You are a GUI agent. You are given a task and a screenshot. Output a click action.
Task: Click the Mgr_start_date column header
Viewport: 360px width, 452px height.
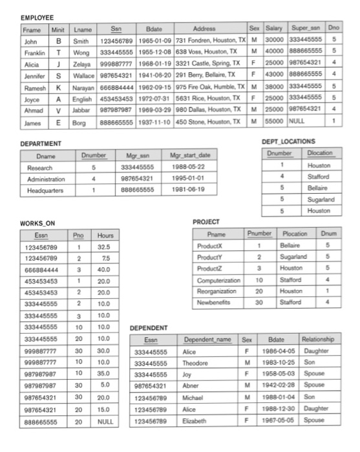[189, 156]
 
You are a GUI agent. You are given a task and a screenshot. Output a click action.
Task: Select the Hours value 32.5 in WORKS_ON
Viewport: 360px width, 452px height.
[101, 246]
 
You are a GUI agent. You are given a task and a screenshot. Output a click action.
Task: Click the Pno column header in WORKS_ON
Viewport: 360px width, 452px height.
[78, 235]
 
